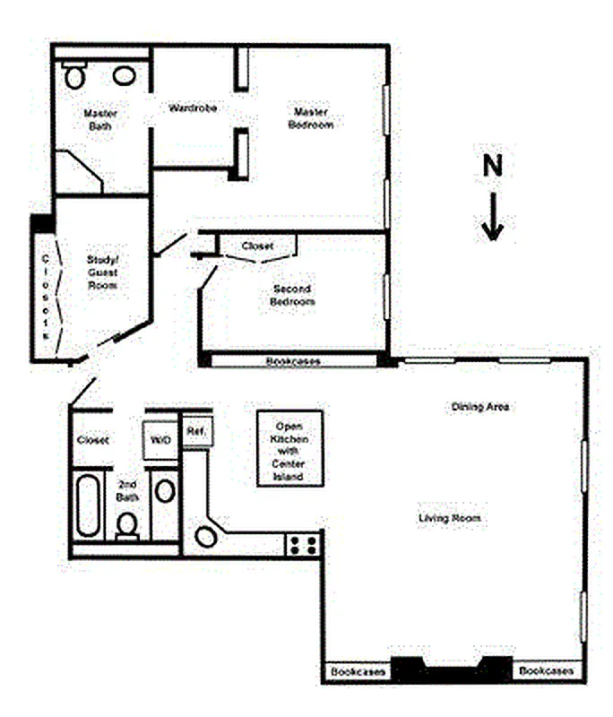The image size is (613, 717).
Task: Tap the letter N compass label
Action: pyautogui.click(x=492, y=166)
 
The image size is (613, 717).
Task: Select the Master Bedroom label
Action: pyautogui.click(x=310, y=118)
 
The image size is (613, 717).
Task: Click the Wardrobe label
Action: pyautogui.click(x=194, y=108)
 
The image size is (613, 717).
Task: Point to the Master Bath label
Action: pyautogui.click(x=100, y=119)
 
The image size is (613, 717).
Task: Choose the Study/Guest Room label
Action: pyautogui.click(x=102, y=272)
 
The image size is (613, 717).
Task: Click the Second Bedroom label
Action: pyautogui.click(x=292, y=296)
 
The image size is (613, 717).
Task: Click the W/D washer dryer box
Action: pyautogui.click(x=160, y=441)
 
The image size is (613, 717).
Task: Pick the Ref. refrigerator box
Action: pyautogui.click(x=195, y=431)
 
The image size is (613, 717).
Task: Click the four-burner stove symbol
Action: pyautogui.click(x=303, y=544)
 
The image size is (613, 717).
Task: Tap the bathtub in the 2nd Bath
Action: pyautogui.click(x=88, y=506)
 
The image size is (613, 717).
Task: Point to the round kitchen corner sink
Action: pyautogui.click(x=206, y=537)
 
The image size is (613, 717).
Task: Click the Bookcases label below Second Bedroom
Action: pyautogui.click(x=293, y=361)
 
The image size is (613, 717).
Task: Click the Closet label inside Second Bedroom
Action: pyautogui.click(x=258, y=246)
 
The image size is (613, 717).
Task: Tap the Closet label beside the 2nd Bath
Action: pyautogui.click(x=93, y=440)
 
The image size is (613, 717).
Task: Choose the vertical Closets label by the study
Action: pyautogui.click(x=45, y=297)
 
